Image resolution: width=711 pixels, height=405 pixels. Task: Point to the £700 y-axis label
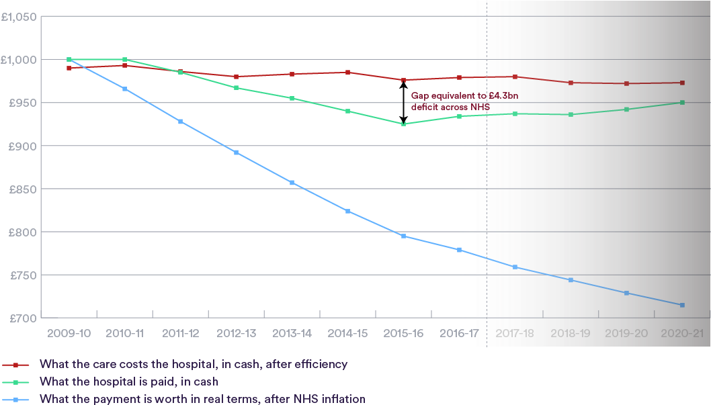tap(22, 318)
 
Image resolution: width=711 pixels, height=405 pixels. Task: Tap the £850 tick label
tap(22, 189)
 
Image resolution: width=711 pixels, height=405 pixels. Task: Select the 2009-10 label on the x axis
tap(70, 333)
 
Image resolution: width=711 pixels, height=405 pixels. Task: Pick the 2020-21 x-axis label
tap(682, 333)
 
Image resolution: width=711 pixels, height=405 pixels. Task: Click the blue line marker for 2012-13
tap(236, 152)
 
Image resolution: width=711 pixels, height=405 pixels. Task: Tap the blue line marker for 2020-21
tap(682, 305)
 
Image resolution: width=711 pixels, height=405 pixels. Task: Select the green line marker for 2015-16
tap(403, 124)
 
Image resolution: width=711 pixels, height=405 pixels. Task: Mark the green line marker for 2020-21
tap(682, 102)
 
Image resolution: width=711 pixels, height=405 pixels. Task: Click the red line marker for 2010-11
tap(125, 65)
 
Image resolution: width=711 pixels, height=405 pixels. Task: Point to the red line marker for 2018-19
tap(571, 83)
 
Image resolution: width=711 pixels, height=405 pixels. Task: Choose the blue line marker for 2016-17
tap(459, 250)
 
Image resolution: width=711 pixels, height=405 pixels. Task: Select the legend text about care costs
tap(194, 364)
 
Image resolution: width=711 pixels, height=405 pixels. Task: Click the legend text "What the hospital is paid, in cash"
tap(129, 381)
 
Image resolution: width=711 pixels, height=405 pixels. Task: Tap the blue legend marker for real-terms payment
tap(15, 399)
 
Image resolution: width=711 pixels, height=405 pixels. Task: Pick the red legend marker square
tap(15, 364)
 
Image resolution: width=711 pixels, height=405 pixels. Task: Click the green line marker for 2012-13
tap(236, 87)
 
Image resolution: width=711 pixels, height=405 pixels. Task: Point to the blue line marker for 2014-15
tap(347, 211)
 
